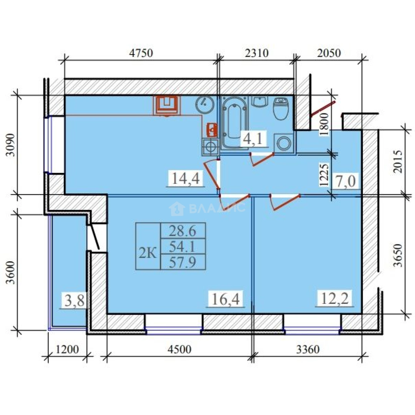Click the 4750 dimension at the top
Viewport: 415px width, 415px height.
click(x=141, y=53)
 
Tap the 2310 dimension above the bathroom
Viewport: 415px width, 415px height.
click(x=256, y=53)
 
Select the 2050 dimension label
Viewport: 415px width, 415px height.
click(x=329, y=53)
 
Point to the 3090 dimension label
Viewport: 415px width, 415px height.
click(x=11, y=145)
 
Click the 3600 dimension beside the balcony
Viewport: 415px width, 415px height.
click(x=11, y=272)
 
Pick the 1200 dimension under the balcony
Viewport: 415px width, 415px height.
click(x=67, y=349)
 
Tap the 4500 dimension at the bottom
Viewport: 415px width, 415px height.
click(x=179, y=349)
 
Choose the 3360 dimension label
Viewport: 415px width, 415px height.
click(x=308, y=349)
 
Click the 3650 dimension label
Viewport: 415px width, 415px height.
click(x=398, y=255)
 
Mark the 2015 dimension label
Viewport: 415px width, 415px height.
click(x=398, y=161)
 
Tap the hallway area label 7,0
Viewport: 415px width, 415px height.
click(x=346, y=181)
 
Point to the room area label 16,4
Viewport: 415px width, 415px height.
click(x=226, y=299)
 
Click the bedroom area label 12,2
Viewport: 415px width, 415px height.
click(x=335, y=299)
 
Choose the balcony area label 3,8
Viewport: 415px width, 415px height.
click(x=75, y=300)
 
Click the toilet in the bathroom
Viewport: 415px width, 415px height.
click(x=281, y=108)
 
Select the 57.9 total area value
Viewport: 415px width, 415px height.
click(x=183, y=262)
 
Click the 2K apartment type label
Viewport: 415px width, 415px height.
click(x=148, y=254)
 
